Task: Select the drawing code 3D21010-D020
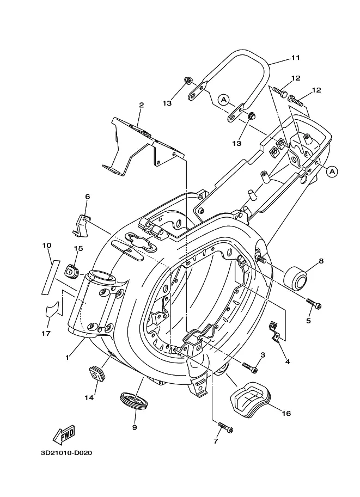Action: point(66,453)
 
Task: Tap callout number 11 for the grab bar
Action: point(295,58)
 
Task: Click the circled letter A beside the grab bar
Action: point(224,100)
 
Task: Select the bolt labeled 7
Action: point(225,427)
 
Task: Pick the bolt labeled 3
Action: point(250,367)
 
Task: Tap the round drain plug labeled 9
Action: point(135,400)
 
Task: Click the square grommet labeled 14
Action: point(96,373)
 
